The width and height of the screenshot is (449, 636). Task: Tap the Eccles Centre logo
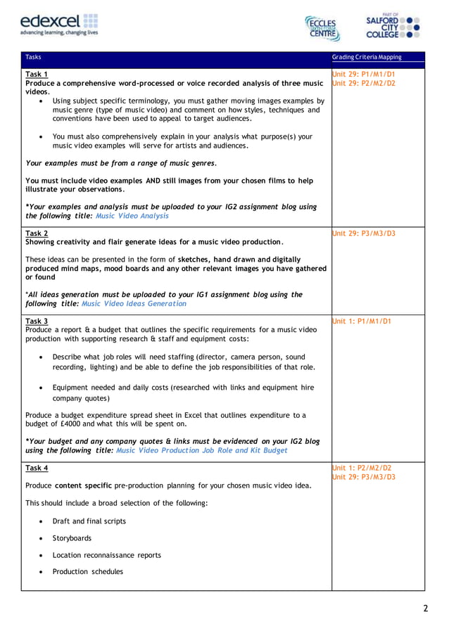tap(322, 27)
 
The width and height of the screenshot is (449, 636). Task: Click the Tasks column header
tap(33, 57)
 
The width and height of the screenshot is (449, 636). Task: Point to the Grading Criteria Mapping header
tap(367, 57)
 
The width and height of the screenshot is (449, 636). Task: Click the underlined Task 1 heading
tap(37, 74)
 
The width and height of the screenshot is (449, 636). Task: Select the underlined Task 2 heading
tap(37, 233)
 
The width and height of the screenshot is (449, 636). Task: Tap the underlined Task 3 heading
tap(37, 321)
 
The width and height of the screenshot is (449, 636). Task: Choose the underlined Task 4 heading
tap(37, 468)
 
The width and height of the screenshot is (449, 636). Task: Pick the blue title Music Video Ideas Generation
tap(134, 304)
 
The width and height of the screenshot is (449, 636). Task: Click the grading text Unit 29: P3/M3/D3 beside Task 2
tap(364, 233)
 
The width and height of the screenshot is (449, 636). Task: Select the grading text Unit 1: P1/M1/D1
tap(362, 321)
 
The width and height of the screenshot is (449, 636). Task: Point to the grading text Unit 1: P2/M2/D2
tap(362, 468)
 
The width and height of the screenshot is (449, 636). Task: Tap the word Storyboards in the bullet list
tap(72, 538)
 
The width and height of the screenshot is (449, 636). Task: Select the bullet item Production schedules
tap(87, 572)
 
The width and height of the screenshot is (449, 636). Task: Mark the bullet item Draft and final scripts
tap(89, 521)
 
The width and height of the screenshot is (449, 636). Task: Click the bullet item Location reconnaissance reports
tap(106, 555)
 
